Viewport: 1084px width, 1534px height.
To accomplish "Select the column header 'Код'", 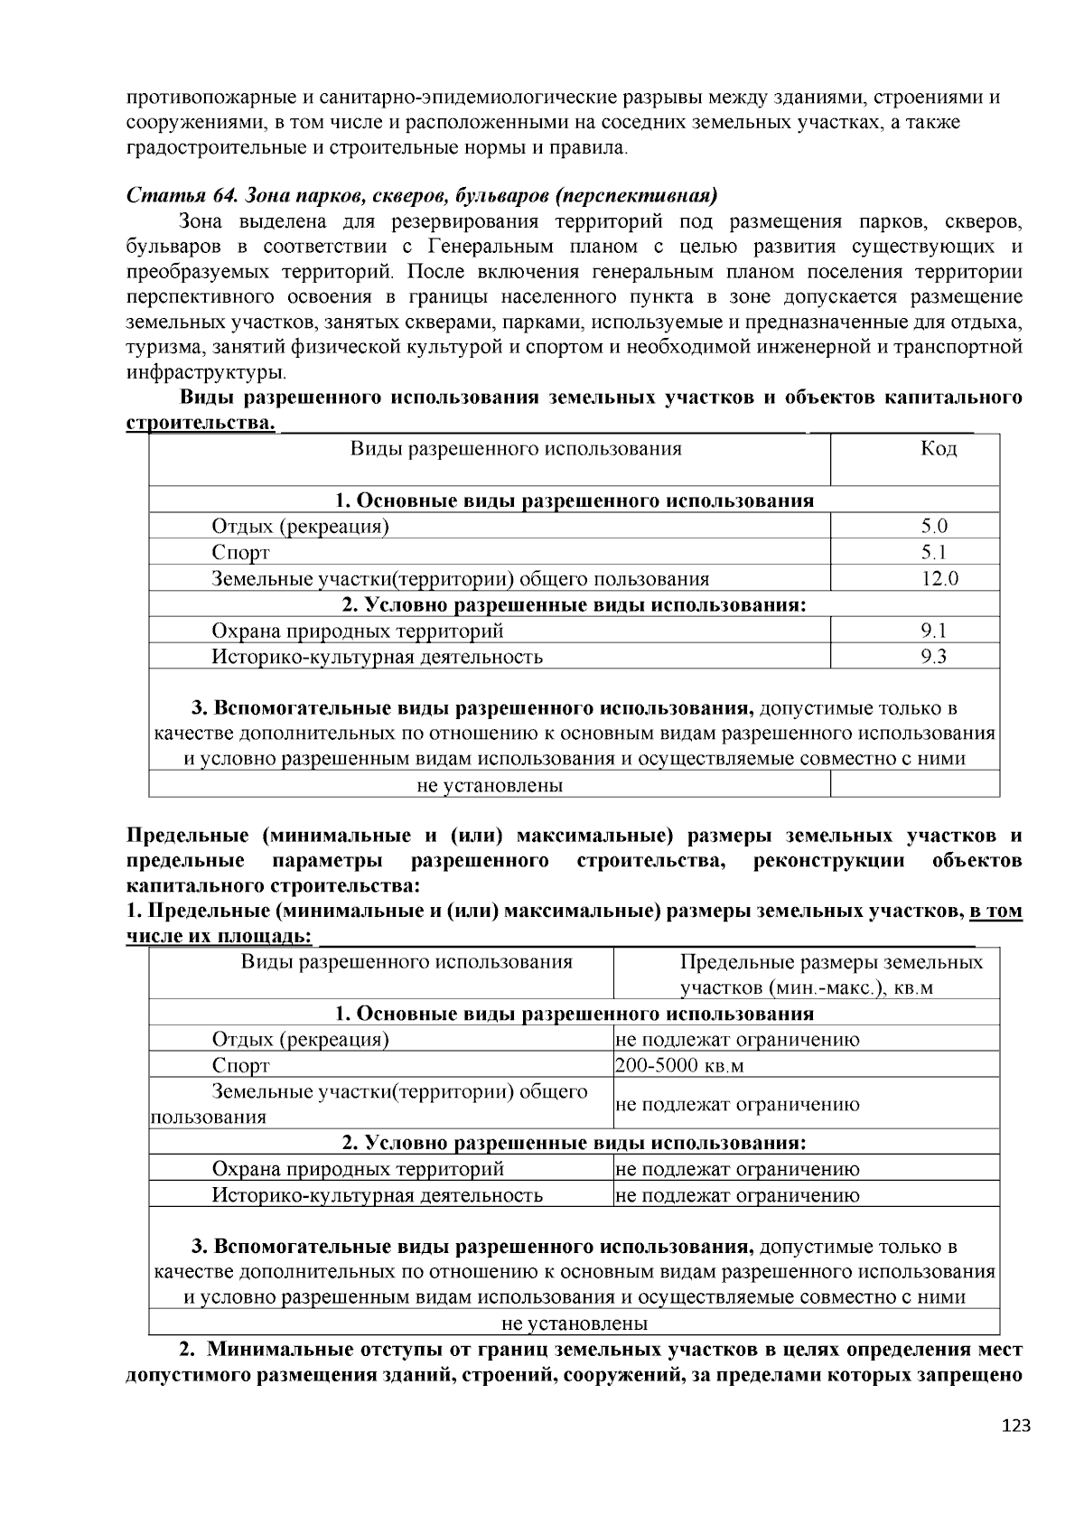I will (938, 449).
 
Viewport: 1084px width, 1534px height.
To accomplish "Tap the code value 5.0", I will (934, 527).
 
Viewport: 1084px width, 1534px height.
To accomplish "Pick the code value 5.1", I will (934, 553).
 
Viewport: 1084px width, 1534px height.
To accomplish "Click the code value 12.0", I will (939, 579).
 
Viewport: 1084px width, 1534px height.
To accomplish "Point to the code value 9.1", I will (934, 631).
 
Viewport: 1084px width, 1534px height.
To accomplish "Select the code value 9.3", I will (934, 657).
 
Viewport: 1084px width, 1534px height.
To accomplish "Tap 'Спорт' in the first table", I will (240, 553).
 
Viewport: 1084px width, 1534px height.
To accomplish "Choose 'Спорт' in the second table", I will (240, 1066).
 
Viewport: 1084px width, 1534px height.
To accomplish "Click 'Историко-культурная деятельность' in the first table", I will (377, 657).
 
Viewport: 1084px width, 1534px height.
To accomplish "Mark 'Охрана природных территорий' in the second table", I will (357, 1169).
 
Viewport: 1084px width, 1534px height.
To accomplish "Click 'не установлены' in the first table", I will (490, 785).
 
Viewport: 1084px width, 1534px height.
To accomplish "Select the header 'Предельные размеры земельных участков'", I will (831, 974).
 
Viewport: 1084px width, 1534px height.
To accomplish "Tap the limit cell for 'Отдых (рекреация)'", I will (737, 1040).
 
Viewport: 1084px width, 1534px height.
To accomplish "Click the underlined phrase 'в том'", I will (995, 912).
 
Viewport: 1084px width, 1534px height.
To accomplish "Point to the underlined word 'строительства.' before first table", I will (200, 424).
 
